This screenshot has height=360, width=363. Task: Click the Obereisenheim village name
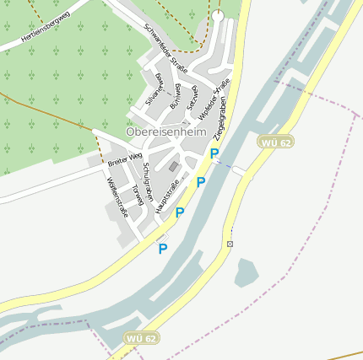166,133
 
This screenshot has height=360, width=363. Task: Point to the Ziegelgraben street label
220,123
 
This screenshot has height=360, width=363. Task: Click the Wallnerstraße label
116,196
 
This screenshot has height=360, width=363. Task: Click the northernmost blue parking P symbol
214,154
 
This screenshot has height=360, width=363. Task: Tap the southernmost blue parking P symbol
162,249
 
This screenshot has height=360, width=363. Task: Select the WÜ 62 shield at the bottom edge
141,338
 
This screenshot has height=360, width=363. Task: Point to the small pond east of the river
246,272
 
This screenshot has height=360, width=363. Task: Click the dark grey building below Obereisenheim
174,167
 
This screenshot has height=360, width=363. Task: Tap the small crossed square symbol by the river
230,244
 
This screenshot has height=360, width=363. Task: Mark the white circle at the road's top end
218,15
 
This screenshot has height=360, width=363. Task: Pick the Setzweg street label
192,100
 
